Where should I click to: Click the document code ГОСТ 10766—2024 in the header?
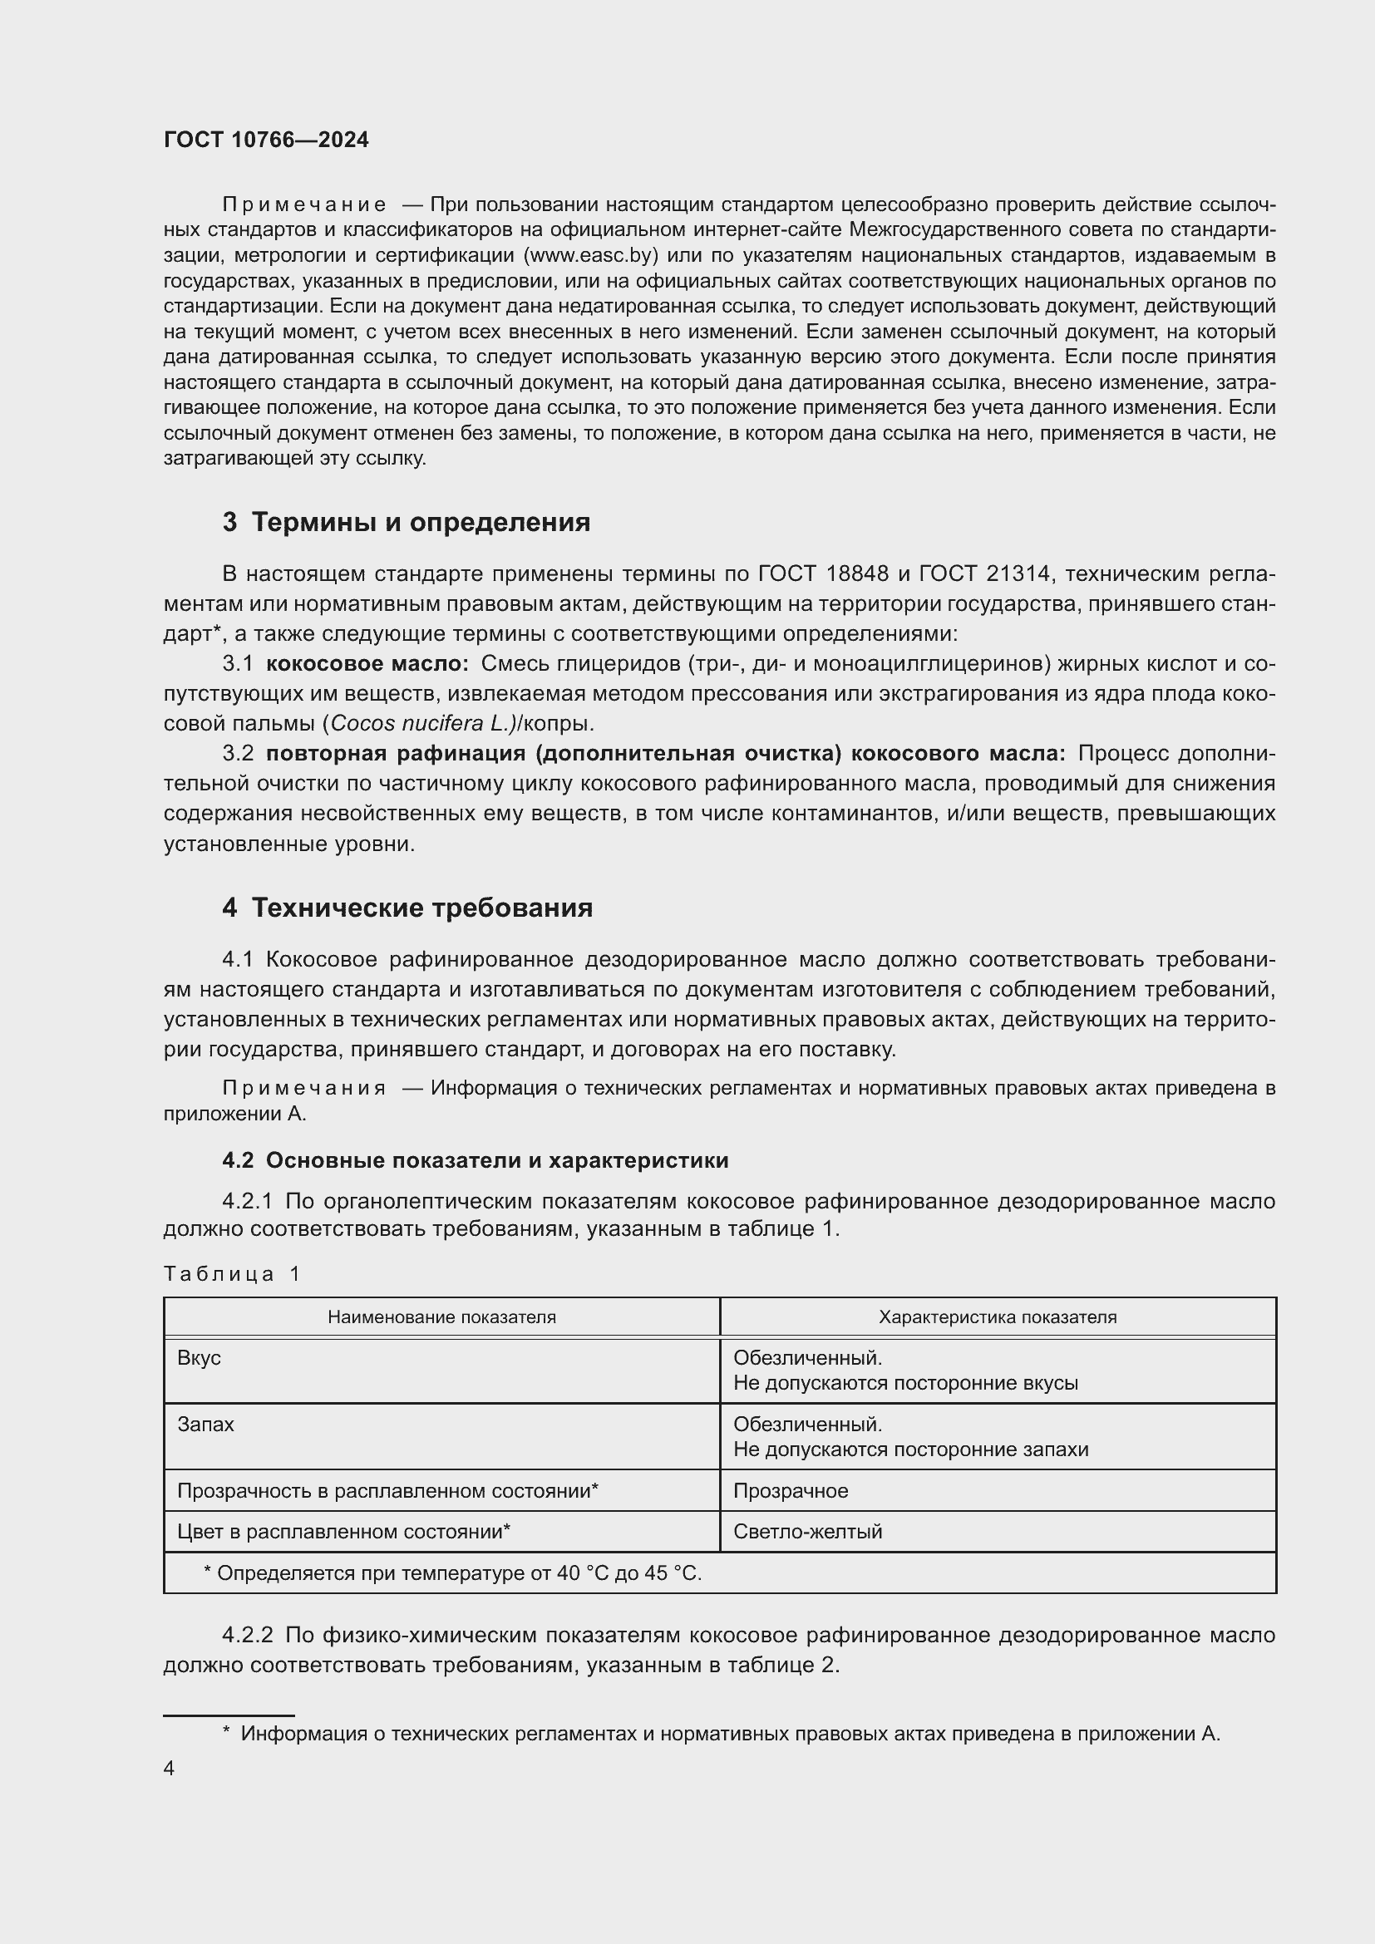pos(266,140)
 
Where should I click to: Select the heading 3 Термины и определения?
pos(407,523)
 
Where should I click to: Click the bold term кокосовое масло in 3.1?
pos(367,664)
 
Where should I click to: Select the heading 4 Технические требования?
pos(407,908)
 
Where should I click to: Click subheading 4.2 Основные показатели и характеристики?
pos(475,1161)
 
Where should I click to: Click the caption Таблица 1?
pos(232,1274)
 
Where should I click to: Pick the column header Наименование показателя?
pos(441,1317)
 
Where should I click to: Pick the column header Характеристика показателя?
pos(998,1317)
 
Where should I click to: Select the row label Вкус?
pos(199,1359)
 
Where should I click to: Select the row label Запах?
pos(205,1425)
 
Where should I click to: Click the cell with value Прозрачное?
pos(790,1491)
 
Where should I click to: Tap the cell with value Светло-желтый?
pos(807,1532)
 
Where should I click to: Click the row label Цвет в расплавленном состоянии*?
pos(343,1532)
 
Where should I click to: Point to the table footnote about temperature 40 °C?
pos(452,1573)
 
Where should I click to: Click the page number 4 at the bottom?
pos(170,1769)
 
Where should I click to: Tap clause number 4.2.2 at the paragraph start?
pos(247,1636)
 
